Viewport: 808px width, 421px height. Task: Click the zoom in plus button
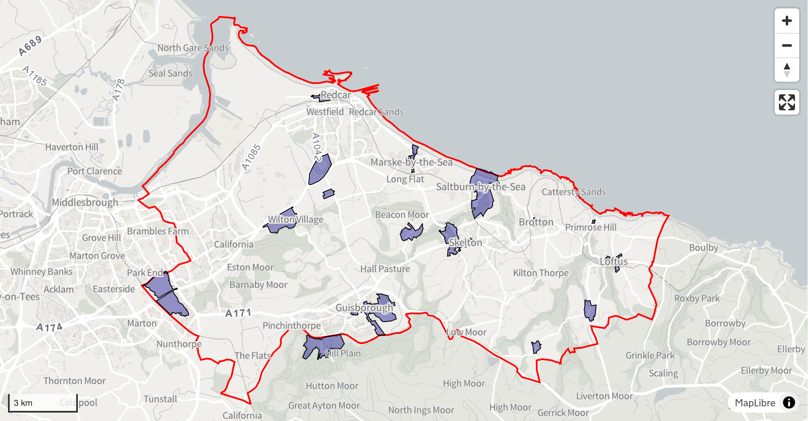click(787, 21)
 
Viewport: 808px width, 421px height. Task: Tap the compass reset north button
click(787, 70)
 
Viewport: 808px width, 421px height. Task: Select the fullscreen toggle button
click(787, 102)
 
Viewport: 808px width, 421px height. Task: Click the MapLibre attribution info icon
click(789, 403)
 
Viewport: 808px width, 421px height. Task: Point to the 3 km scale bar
click(43, 403)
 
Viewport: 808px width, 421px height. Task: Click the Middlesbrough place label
click(85, 203)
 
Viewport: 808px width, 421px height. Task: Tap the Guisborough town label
click(364, 308)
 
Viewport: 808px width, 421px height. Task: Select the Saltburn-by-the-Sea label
click(481, 187)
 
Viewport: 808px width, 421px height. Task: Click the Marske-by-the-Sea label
click(411, 162)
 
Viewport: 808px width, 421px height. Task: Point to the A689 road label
click(30, 46)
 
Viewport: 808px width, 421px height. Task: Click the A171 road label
click(238, 313)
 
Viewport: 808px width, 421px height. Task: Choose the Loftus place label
click(614, 261)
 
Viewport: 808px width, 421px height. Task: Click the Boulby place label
click(703, 248)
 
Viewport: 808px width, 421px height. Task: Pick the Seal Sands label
click(170, 73)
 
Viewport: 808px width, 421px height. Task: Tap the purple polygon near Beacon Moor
click(411, 232)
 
